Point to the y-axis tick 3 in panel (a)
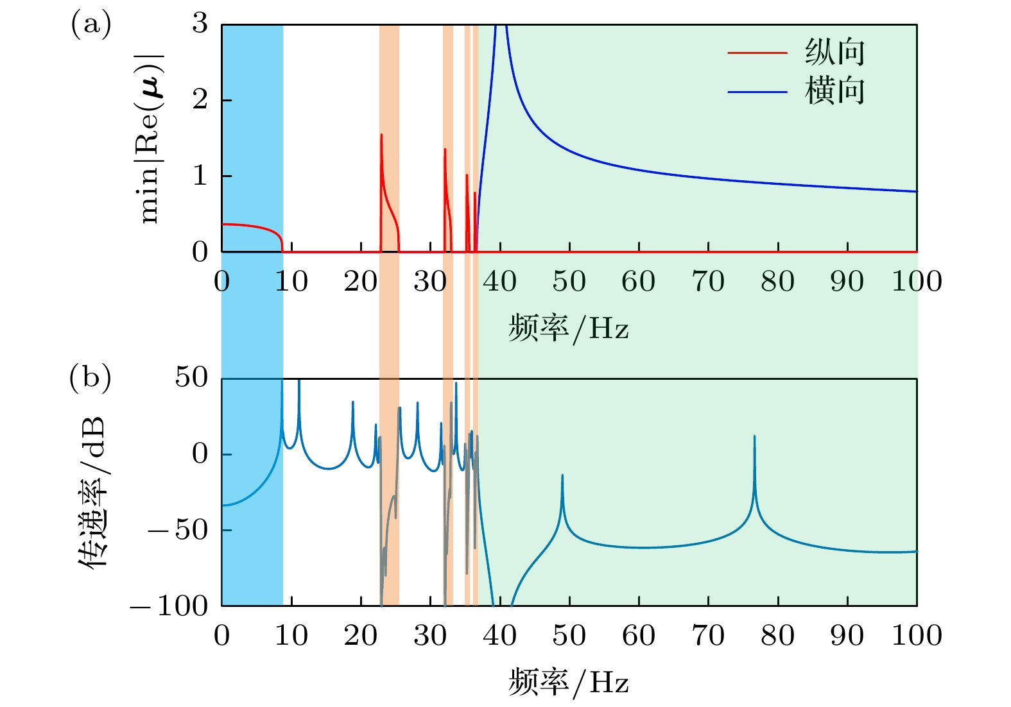click(200, 24)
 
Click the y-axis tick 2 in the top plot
click(200, 100)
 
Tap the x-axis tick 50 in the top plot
click(569, 282)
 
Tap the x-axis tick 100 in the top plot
click(917, 282)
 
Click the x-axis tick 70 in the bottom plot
click(708, 636)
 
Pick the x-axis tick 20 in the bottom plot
click(361, 636)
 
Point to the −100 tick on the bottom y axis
click(169, 606)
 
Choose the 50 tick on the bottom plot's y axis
click(192, 378)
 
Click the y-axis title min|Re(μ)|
click(151, 138)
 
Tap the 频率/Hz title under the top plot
click(569, 328)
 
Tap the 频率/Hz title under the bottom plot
click(569, 683)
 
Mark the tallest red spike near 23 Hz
click(381, 135)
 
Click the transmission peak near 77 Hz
click(754, 437)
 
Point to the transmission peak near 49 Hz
click(562, 476)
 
